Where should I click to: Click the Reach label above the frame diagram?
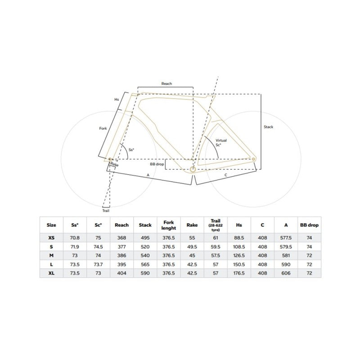point(166,84)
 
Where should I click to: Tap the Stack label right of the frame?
point(268,127)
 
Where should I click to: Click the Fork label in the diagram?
point(103,129)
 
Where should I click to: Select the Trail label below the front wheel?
point(106,210)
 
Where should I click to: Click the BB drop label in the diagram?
point(157,165)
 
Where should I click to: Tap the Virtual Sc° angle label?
point(221,143)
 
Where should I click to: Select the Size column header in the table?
point(51,225)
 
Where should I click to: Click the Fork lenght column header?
point(168,225)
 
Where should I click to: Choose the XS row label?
point(51,238)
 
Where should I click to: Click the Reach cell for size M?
point(122,256)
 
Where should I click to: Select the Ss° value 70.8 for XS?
point(75,238)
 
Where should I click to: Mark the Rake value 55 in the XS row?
point(192,238)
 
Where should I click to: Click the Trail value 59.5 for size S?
point(216,247)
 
